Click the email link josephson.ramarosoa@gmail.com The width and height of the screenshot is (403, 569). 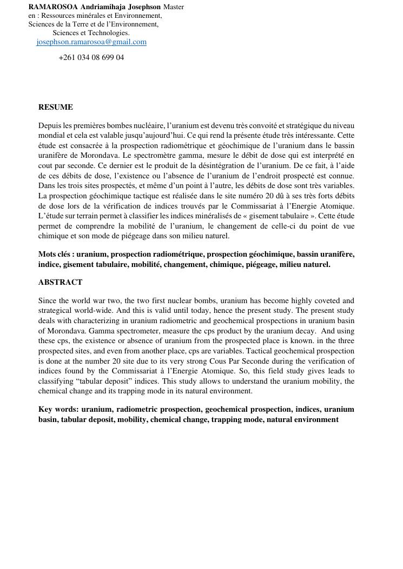point(91,42)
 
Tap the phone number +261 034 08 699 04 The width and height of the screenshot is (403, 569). point(91,57)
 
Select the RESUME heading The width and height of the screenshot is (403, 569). point(55,107)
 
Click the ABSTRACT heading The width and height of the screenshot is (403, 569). point(60,282)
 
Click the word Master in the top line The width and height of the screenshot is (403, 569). point(174,7)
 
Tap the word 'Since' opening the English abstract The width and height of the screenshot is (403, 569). point(48,300)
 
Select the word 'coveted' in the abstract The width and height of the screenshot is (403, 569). point(327,300)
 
